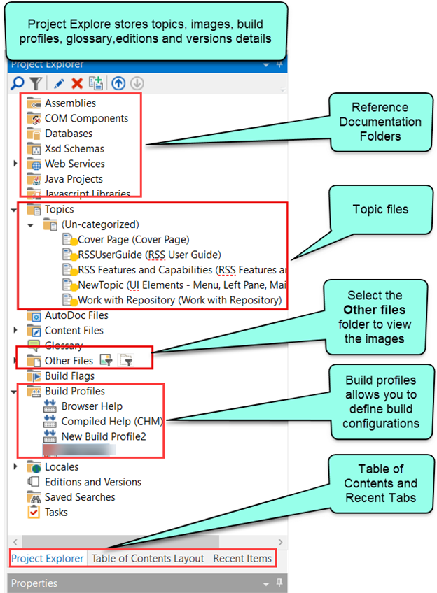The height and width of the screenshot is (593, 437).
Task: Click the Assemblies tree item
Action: pos(70,103)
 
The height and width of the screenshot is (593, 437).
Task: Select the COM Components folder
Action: pos(86,118)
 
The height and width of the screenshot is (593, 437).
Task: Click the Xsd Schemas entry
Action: pos(74,148)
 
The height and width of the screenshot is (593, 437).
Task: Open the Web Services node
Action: pos(74,164)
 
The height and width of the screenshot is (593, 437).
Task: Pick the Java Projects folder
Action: pos(74,179)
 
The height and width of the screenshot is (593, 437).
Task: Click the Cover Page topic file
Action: pos(133,239)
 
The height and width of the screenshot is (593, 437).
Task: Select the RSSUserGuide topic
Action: pos(149,255)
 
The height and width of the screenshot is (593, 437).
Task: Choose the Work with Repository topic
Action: pos(179,301)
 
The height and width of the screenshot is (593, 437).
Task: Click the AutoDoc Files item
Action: pos(76,315)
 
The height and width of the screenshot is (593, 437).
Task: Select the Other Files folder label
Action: pos(69,361)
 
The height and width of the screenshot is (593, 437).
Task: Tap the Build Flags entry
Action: pos(69,376)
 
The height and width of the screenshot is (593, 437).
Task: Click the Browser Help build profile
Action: pos(92,406)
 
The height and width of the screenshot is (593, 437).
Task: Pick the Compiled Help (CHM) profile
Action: pos(104,422)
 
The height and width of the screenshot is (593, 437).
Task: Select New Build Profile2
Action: pos(104,436)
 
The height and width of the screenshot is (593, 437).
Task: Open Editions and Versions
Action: pos(92,482)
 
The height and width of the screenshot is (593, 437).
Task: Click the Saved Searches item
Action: pos(80,497)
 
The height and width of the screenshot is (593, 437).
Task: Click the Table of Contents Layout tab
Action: pos(148,558)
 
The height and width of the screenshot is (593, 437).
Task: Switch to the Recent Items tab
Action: pos(242,558)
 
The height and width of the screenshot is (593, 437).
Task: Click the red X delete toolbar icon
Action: pos(77,83)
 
